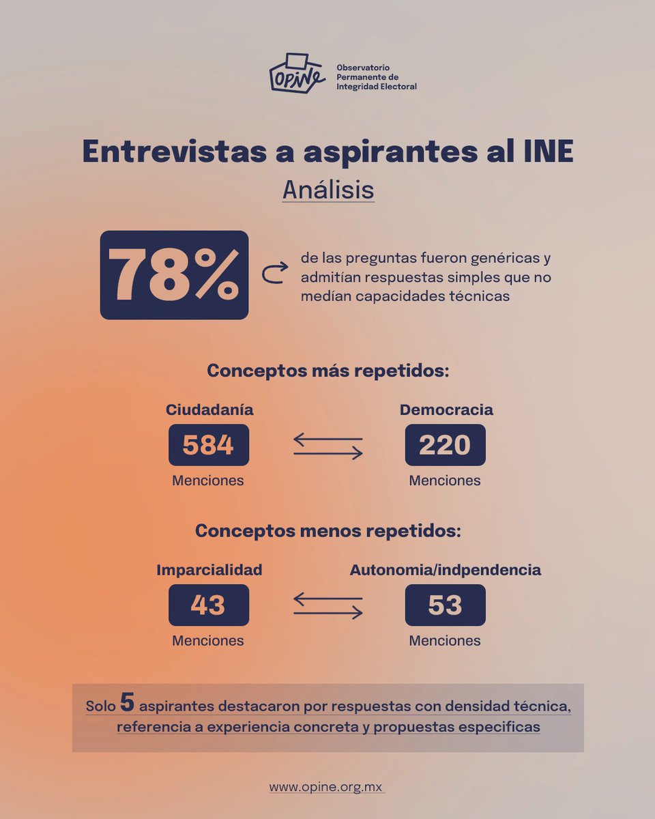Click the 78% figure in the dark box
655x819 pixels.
[174, 275]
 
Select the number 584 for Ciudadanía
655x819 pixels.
[208, 445]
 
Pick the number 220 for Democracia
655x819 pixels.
[445, 445]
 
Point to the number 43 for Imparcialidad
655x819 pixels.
[208, 605]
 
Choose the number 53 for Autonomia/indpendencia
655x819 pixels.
[445, 605]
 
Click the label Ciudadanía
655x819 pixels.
[209, 409]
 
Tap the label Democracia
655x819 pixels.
[446, 409]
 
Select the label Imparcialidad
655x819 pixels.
[209, 570]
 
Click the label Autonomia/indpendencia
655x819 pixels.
[446, 570]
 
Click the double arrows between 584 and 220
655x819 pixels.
[327, 446]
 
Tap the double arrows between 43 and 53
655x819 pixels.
[327, 605]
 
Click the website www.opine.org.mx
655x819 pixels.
[327, 787]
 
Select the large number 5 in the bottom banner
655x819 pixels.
[126, 702]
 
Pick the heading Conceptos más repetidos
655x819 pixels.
[327, 372]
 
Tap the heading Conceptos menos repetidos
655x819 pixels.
[327, 531]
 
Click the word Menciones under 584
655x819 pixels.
[208, 480]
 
